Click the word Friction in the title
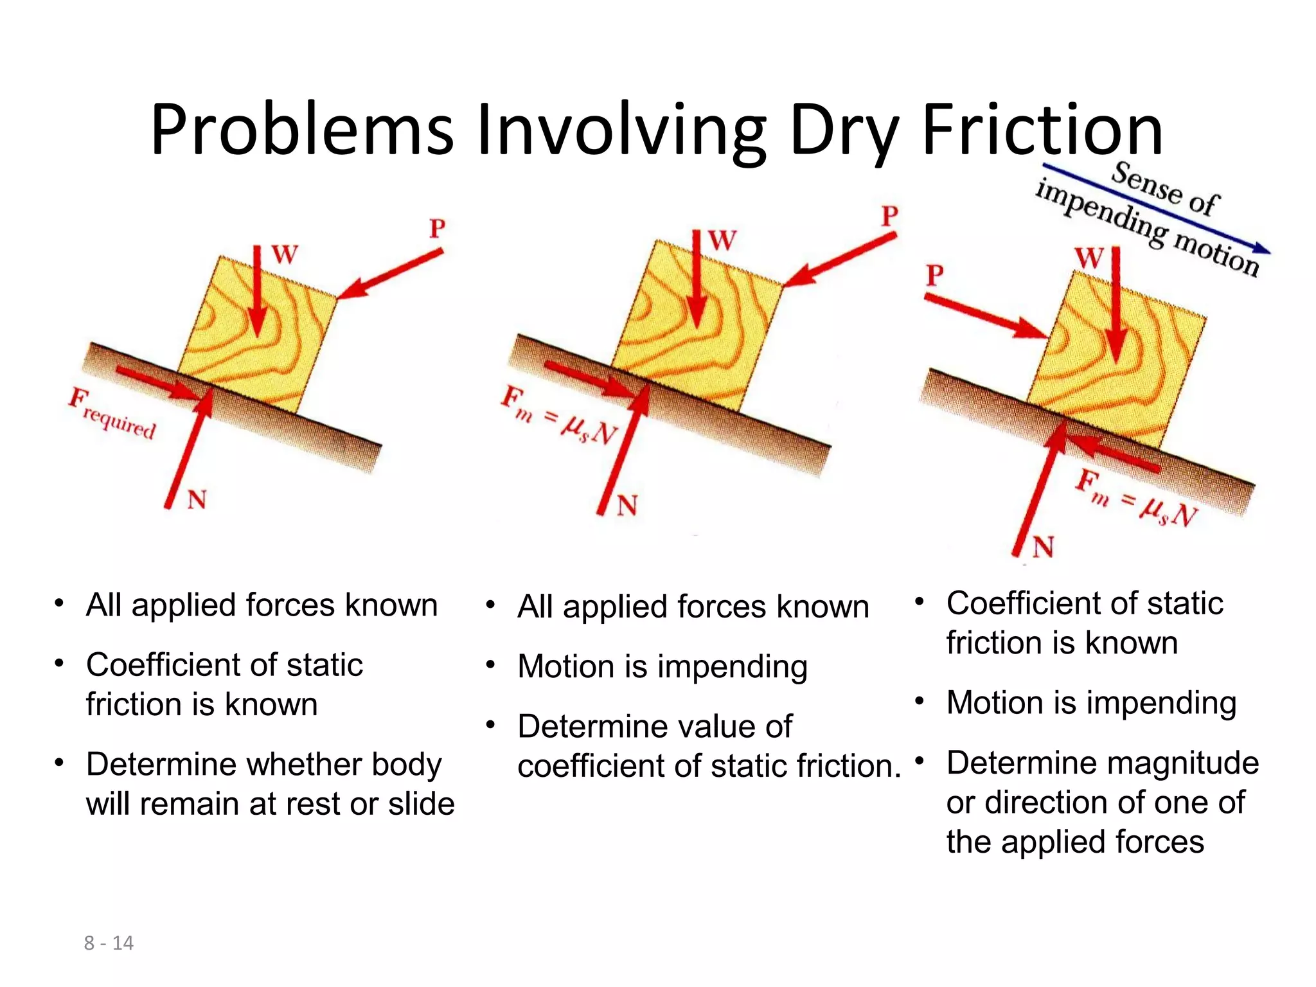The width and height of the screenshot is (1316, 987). pyautogui.click(x=1042, y=130)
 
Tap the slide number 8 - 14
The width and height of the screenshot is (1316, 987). pyautogui.click(x=109, y=943)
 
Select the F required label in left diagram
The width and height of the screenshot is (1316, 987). pyautogui.click(x=112, y=413)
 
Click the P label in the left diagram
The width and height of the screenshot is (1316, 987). pyautogui.click(x=438, y=228)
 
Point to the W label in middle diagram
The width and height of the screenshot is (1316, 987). pyautogui.click(x=722, y=242)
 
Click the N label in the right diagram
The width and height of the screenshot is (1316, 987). pyautogui.click(x=1043, y=547)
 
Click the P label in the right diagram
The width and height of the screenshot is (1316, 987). pyautogui.click(x=935, y=276)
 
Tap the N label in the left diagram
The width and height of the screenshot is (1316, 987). pyautogui.click(x=197, y=499)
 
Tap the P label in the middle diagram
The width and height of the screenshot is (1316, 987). pyautogui.click(x=889, y=216)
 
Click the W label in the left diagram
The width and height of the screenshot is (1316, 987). pyautogui.click(x=285, y=254)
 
